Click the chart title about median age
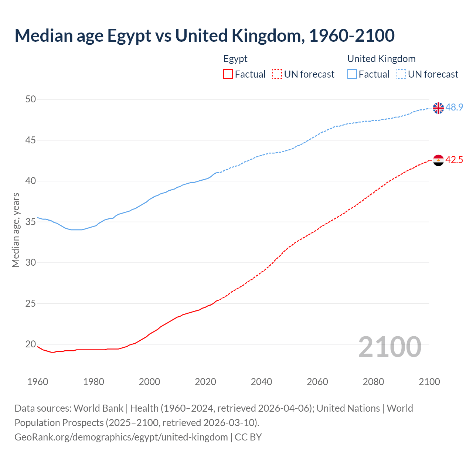pyautogui.click(x=204, y=35)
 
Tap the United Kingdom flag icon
pyautogui.click(x=438, y=108)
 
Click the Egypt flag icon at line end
pyautogui.click(x=438, y=160)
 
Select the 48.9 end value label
pyautogui.click(x=454, y=108)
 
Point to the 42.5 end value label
pyautogui.click(x=454, y=160)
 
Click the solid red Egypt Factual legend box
pyautogui.click(x=228, y=74)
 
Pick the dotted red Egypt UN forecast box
pyautogui.click(x=277, y=74)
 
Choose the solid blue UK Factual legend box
pyautogui.click(x=352, y=74)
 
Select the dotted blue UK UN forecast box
pyautogui.click(x=401, y=74)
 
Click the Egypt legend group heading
pyautogui.click(x=235, y=59)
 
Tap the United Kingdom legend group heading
pyautogui.click(x=381, y=59)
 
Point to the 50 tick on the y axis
pyautogui.click(x=31, y=99)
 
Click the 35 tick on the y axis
pyautogui.click(x=31, y=222)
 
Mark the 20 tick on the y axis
pyautogui.click(x=31, y=344)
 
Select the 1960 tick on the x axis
pyautogui.click(x=38, y=382)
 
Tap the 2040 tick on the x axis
pyautogui.click(x=261, y=382)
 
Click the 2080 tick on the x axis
pyautogui.click(x=373, y=382)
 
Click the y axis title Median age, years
pyautogui.click(x=16, y=230)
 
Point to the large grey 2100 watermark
pyautogui.click(x=389, y=347)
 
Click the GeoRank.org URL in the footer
pyautogui.click(x=121, y=437)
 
